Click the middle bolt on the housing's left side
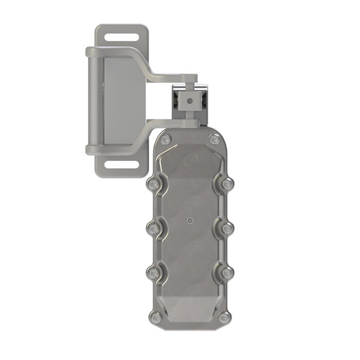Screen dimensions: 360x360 [x=153, y=227]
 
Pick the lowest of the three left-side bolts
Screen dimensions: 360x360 [x=153, y=271]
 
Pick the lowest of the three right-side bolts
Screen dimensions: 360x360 [x=227, y=271]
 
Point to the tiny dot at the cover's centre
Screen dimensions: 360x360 [x=190, y=222]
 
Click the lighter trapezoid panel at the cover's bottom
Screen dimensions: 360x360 [x=189, y=309]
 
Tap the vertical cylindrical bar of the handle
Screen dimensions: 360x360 [x=91, y=100]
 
